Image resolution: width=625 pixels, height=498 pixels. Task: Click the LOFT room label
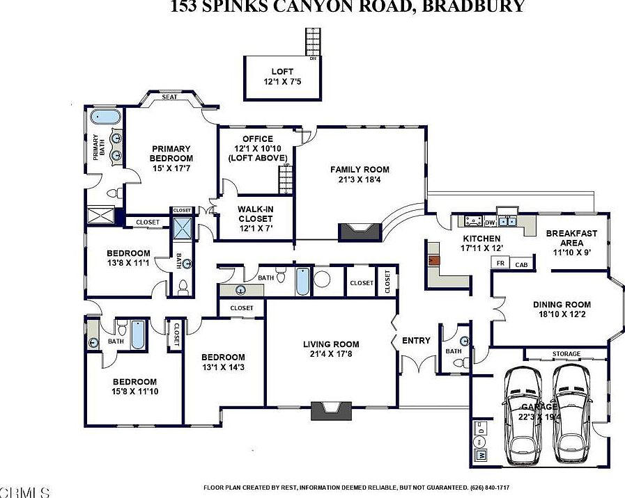(282, 71)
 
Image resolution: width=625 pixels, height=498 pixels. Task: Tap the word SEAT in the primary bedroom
(169, 97)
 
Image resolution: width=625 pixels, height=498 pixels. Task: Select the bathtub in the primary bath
(106, 116)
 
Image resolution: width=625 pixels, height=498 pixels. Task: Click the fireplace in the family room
(360, 232)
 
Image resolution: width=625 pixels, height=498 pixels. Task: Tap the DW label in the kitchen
(489, 223)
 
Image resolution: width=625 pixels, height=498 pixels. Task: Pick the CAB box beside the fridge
(520, 264)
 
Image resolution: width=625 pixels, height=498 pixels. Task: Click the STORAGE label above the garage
(566, 354)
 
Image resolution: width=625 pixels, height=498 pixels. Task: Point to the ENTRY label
(416, 340)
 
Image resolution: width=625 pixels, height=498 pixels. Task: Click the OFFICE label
(257, 139)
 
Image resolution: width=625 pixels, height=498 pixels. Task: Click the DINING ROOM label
(562, 304)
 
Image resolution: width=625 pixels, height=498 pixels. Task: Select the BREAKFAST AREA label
(569, 238)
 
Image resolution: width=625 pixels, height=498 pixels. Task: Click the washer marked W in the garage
(481, 456)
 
